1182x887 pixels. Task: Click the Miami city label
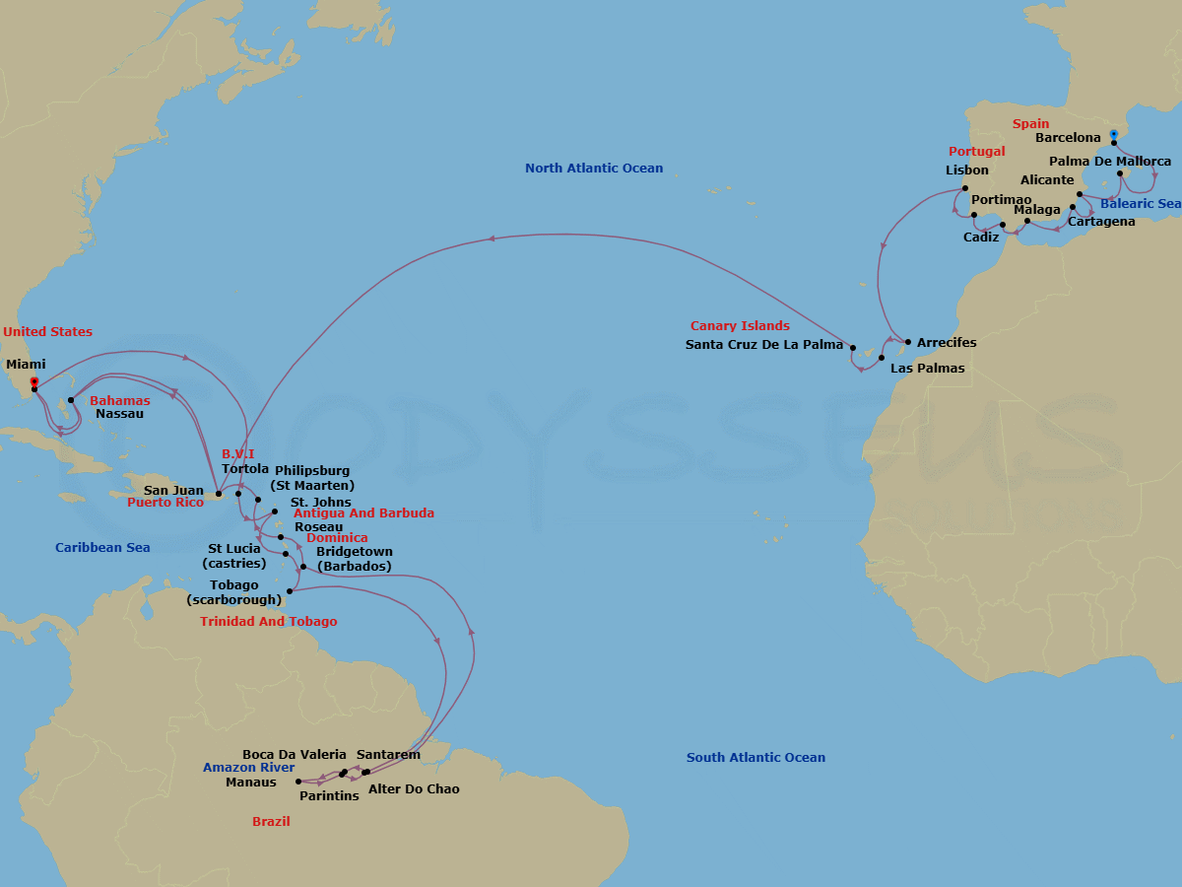pyautogui.click(x=26, y=365)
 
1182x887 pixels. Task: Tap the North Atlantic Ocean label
pyautogui.click(x=594, y=169)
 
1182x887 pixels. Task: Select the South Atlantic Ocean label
pyautogui.click(x=755, y=758)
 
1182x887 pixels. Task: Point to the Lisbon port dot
pyautogui.click(x=965, y=188)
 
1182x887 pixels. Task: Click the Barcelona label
pyautogui.click(x=1068, y=139)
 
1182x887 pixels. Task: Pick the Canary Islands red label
pyautogui.click(x=740, y=326)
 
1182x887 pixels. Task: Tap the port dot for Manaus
pyautogui.click(x=298, y=782)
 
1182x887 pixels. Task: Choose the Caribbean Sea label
pyautogui.click(x=102, y=548)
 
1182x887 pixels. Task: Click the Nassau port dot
pyautogui.click(x=71, y=400)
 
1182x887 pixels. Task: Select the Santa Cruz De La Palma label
pyautogui.click(x=763, y=345)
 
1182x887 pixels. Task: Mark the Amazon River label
pyautogui.click(x=249, y=768)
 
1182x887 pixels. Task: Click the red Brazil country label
pyautogui.click(x=271, y=821)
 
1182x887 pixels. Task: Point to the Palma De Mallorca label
pyautogui.click(x=1110, y=162)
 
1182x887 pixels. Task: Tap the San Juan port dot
pyautogui.click(x=219, y=494)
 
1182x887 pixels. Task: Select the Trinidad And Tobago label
pyautogui.click(x=268, y=622)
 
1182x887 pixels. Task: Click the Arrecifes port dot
pyautogui.click(x=907, y=341)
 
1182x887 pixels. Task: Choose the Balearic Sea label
pyautogui.click(x=1141, y=204)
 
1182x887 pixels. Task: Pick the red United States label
pyautogui.click(x=47, y=332)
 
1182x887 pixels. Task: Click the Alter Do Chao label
pyautogui.click(x=414, y=789)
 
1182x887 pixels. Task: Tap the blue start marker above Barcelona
pyautogui.click(x=1113, y=133)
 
